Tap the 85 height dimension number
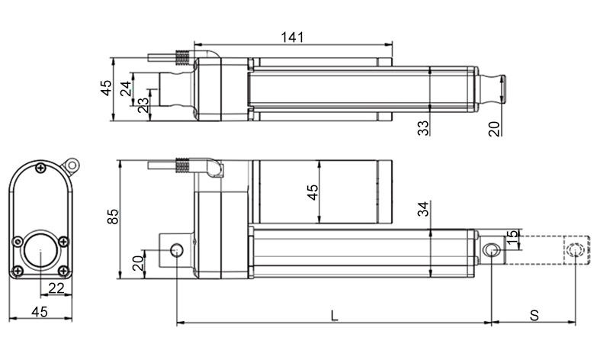[x=113, y=217]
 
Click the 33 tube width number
[x=423, y=127]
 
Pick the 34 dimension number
[x=423, y=209]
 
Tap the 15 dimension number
[x=512, y=238]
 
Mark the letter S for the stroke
[x=535, y=313]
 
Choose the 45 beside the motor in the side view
[x=312, y=192]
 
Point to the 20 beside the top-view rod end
[x=493, y=128]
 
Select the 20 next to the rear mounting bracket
[x=138, y=262]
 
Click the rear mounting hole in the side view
[x=177, y=249]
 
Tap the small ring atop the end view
[x=72, y=164]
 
